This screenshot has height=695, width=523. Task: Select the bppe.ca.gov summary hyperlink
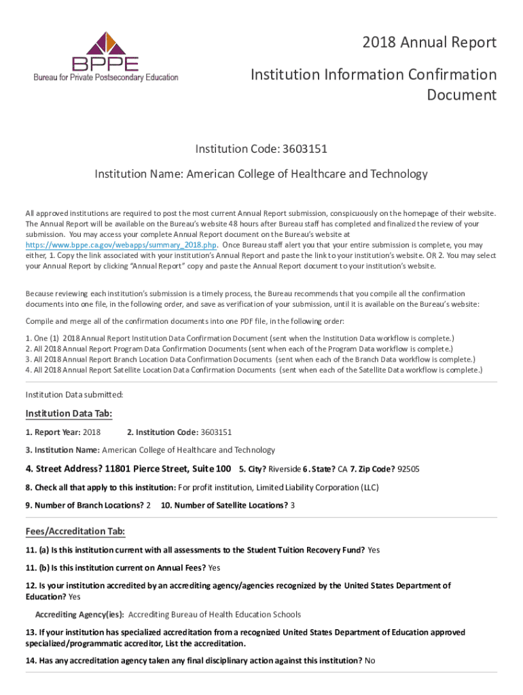tap(122, 244)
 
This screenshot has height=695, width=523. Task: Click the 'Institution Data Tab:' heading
tap(69, 414)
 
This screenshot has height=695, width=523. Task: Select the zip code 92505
tap(408, 469)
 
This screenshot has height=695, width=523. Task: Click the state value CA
tap(343, 469)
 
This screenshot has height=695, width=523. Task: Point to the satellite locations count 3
tap(293, 505)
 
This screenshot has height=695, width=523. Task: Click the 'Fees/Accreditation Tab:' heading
tap(75, 531)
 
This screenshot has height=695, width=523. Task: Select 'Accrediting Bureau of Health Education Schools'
tap(215, 614)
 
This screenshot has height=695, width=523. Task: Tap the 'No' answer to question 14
tap(370, 660)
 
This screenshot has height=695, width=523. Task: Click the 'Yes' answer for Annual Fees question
tap(214, 567)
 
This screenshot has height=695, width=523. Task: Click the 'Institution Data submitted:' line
tap(74, 394)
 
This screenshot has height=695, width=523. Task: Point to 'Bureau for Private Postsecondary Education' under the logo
tap(106, 77)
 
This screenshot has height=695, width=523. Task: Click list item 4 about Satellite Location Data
tap(254, 370)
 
